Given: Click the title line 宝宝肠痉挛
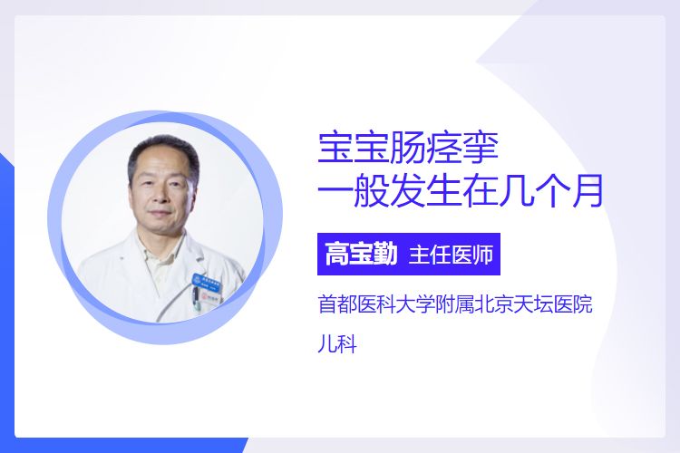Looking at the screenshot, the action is point(408,149).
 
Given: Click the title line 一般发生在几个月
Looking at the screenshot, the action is point(461,190).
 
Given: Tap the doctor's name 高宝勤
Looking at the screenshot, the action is point(361,254).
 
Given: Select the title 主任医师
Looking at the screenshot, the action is point(451,255).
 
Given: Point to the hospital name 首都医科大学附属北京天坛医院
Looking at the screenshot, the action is point(455,304).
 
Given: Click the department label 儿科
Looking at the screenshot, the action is point(337,344).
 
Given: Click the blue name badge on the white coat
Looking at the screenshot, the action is point(207,282).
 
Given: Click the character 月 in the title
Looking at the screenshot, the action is point(588,190).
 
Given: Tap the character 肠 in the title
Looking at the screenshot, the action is point(408,149).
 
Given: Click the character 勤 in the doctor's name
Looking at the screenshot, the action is point(384,254).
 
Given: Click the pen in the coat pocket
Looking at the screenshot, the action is point(195,297).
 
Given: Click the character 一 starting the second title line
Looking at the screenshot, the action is point(334,191).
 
